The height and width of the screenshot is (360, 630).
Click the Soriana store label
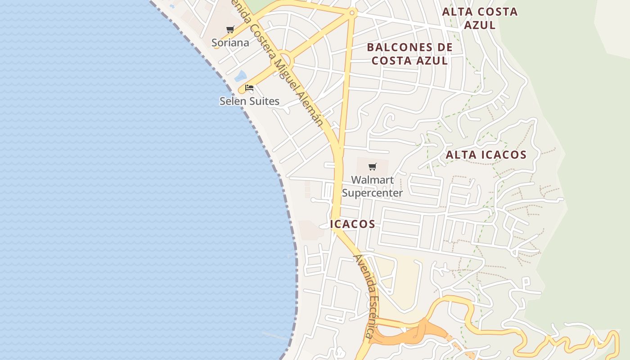230,43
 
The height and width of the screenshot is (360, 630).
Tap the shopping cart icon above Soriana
230,30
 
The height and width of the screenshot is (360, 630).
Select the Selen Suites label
249,101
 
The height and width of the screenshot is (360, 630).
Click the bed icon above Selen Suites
249,88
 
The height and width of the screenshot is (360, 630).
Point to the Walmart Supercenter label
372,186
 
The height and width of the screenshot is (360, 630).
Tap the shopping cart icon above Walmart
372,167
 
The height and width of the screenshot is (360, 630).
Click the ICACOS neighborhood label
353,224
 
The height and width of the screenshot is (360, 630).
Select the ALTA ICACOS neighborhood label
486,155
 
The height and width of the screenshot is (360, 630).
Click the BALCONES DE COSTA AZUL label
409,54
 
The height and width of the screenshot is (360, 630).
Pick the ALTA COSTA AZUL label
480,18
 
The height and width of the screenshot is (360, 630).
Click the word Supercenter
372,193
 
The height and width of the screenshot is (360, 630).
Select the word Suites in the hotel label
264,101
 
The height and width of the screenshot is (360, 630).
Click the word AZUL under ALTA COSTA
480,25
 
